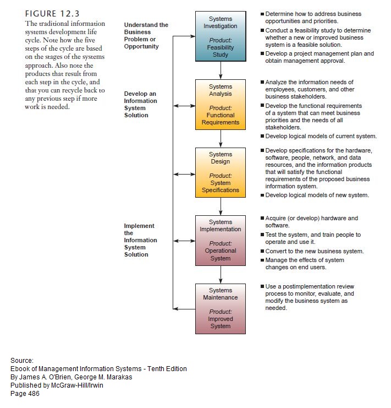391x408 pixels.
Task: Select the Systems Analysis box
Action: click(x=221, y=104)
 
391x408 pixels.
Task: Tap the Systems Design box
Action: click(x=221, y=172)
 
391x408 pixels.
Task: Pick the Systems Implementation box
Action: click(x=221, y=241)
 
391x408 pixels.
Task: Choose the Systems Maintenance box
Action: click(x=221, y=308)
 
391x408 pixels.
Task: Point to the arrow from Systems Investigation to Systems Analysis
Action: click(x=221, y=70)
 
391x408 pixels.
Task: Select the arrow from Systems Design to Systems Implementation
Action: click(x=221, y=206)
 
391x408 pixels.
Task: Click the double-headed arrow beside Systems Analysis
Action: click(x=184, y=105)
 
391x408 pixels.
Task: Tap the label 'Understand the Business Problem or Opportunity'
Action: click(x=146, y=36)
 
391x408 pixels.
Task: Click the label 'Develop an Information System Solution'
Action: click(x=140, y=105)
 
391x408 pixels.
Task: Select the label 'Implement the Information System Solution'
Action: click(x=140, y=240)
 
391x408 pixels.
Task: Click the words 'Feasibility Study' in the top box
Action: click(x=221, y=51)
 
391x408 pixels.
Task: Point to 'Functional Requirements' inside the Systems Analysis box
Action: click(x=221, y=119)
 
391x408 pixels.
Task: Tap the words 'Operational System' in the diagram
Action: click(x=221, y=254)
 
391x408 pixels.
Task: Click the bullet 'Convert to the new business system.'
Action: click(x=314, y=251)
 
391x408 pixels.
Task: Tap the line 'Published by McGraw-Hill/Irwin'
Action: click(x=57, y=385)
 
